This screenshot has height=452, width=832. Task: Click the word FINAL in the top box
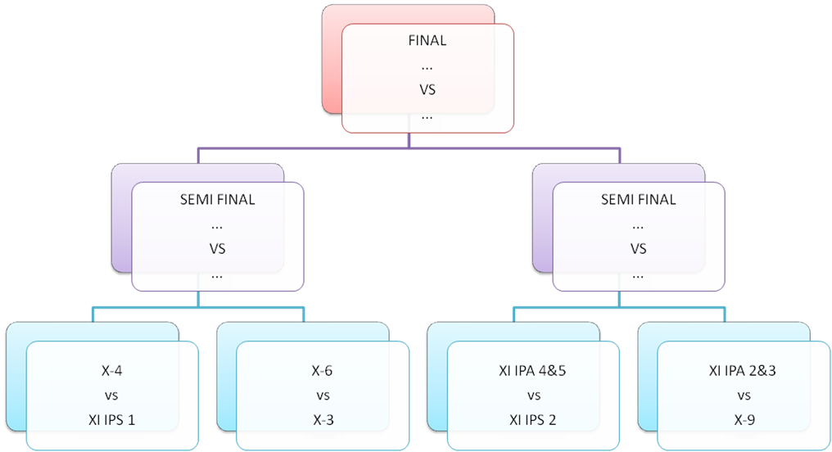(x=427, y=40)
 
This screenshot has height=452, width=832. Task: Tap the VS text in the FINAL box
(x=427, y=90)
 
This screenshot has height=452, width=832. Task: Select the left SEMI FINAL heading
(x=217, y=200)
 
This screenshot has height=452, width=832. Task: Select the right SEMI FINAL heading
(x=639, y=200)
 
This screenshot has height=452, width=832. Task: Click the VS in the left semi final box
(x=217, y=249)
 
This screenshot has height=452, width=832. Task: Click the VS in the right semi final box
(x=639, y=249)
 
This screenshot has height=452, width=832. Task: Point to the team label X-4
(x=112, y=371)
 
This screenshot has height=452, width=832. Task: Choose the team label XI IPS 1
(x=112, y=420)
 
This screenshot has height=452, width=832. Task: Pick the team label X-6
(x=322, y=371)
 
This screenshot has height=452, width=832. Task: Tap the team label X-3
(x=322, y=420)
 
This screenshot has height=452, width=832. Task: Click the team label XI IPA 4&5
(x=533, y=371)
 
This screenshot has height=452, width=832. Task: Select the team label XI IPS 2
(x=533, y=420)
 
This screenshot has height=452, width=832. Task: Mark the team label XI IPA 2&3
(x=743, y=371)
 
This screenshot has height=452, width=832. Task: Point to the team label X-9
(x=743, y=420)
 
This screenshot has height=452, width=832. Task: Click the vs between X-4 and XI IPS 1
(x=112, y=395)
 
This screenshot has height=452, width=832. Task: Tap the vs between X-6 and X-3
(x=322, y=395)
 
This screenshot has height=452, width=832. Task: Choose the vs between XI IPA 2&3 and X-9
(x=743, y=395)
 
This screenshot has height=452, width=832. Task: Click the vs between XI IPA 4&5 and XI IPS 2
(x=533, y=395)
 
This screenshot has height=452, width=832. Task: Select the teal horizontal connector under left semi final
(x=147, y=309)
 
